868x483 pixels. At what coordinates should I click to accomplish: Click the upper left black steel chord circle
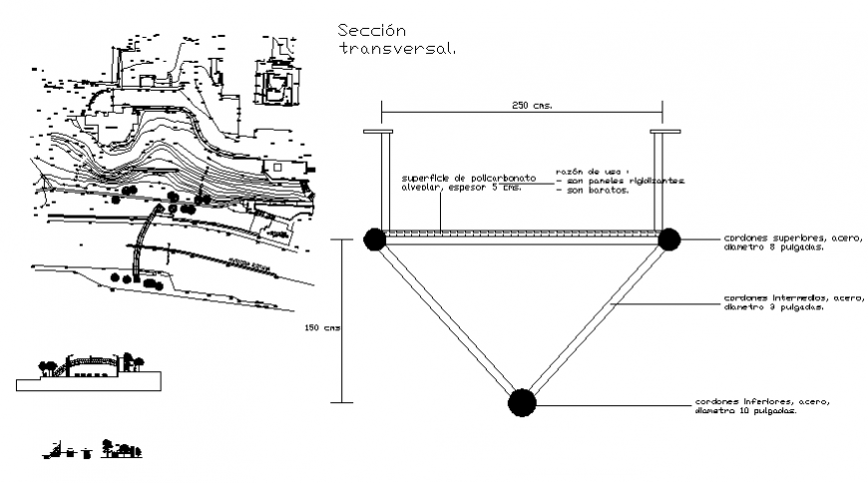tap(374, 240)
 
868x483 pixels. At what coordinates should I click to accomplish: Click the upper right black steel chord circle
tap(667, 240)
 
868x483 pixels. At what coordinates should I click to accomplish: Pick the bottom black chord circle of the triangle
tap(521, 402)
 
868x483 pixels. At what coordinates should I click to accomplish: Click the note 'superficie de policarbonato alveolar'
tap(461, 182)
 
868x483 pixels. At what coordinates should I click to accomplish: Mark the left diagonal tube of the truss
tap(447, 320)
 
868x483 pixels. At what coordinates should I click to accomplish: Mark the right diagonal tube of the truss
tap(595, 320)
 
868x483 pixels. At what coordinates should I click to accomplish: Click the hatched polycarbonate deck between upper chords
tap(521, 236)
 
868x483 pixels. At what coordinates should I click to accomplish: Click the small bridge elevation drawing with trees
tap(90, 368)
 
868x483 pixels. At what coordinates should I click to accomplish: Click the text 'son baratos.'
tap(597, 190)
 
